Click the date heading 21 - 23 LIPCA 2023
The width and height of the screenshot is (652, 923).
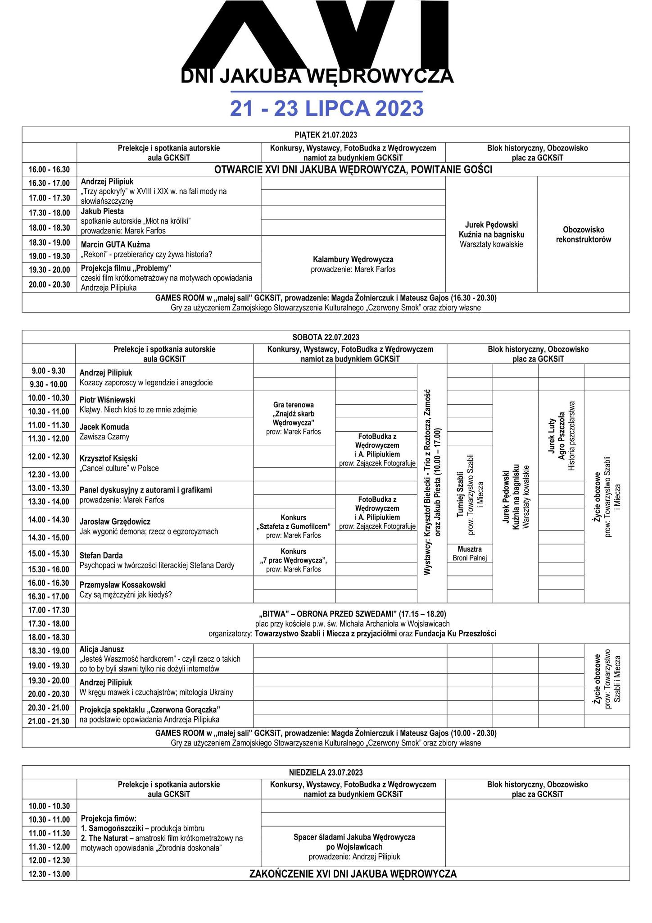click(x=326, y=109)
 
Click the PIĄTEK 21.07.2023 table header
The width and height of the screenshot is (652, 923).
click(x=326, y=135)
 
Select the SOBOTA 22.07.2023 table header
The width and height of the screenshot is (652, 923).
click(x=326, y=337)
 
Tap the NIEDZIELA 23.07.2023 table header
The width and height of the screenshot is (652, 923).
click(x=326, y=772)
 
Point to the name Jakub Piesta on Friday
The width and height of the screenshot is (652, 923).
click(x=102, y=211)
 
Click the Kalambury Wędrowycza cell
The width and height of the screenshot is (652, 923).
click(x=353, y=264)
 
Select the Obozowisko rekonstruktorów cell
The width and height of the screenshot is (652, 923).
click(x=583, y=234)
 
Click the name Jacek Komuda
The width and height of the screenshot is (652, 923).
click(x=104, y=427)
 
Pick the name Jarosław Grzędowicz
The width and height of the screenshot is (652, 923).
click(x=115, y=521)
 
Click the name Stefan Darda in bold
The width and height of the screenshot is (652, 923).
click(x=101, y=555)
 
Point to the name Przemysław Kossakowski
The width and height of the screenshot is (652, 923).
click(x=122, y=585)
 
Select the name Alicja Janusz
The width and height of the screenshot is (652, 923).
click(x=101, y=649)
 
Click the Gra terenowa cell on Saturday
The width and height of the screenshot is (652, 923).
click(x=294, y=418)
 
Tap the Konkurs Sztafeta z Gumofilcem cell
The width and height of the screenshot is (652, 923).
click(x=294, y=526)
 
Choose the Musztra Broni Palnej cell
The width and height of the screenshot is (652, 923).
click(x=469, y=553)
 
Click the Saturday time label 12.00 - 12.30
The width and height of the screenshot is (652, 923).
click(x=49, y=457)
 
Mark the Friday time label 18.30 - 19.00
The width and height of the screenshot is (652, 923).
click(x=50, y=242)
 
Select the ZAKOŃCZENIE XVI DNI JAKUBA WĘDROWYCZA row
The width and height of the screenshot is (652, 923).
click(x=353, y=874)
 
